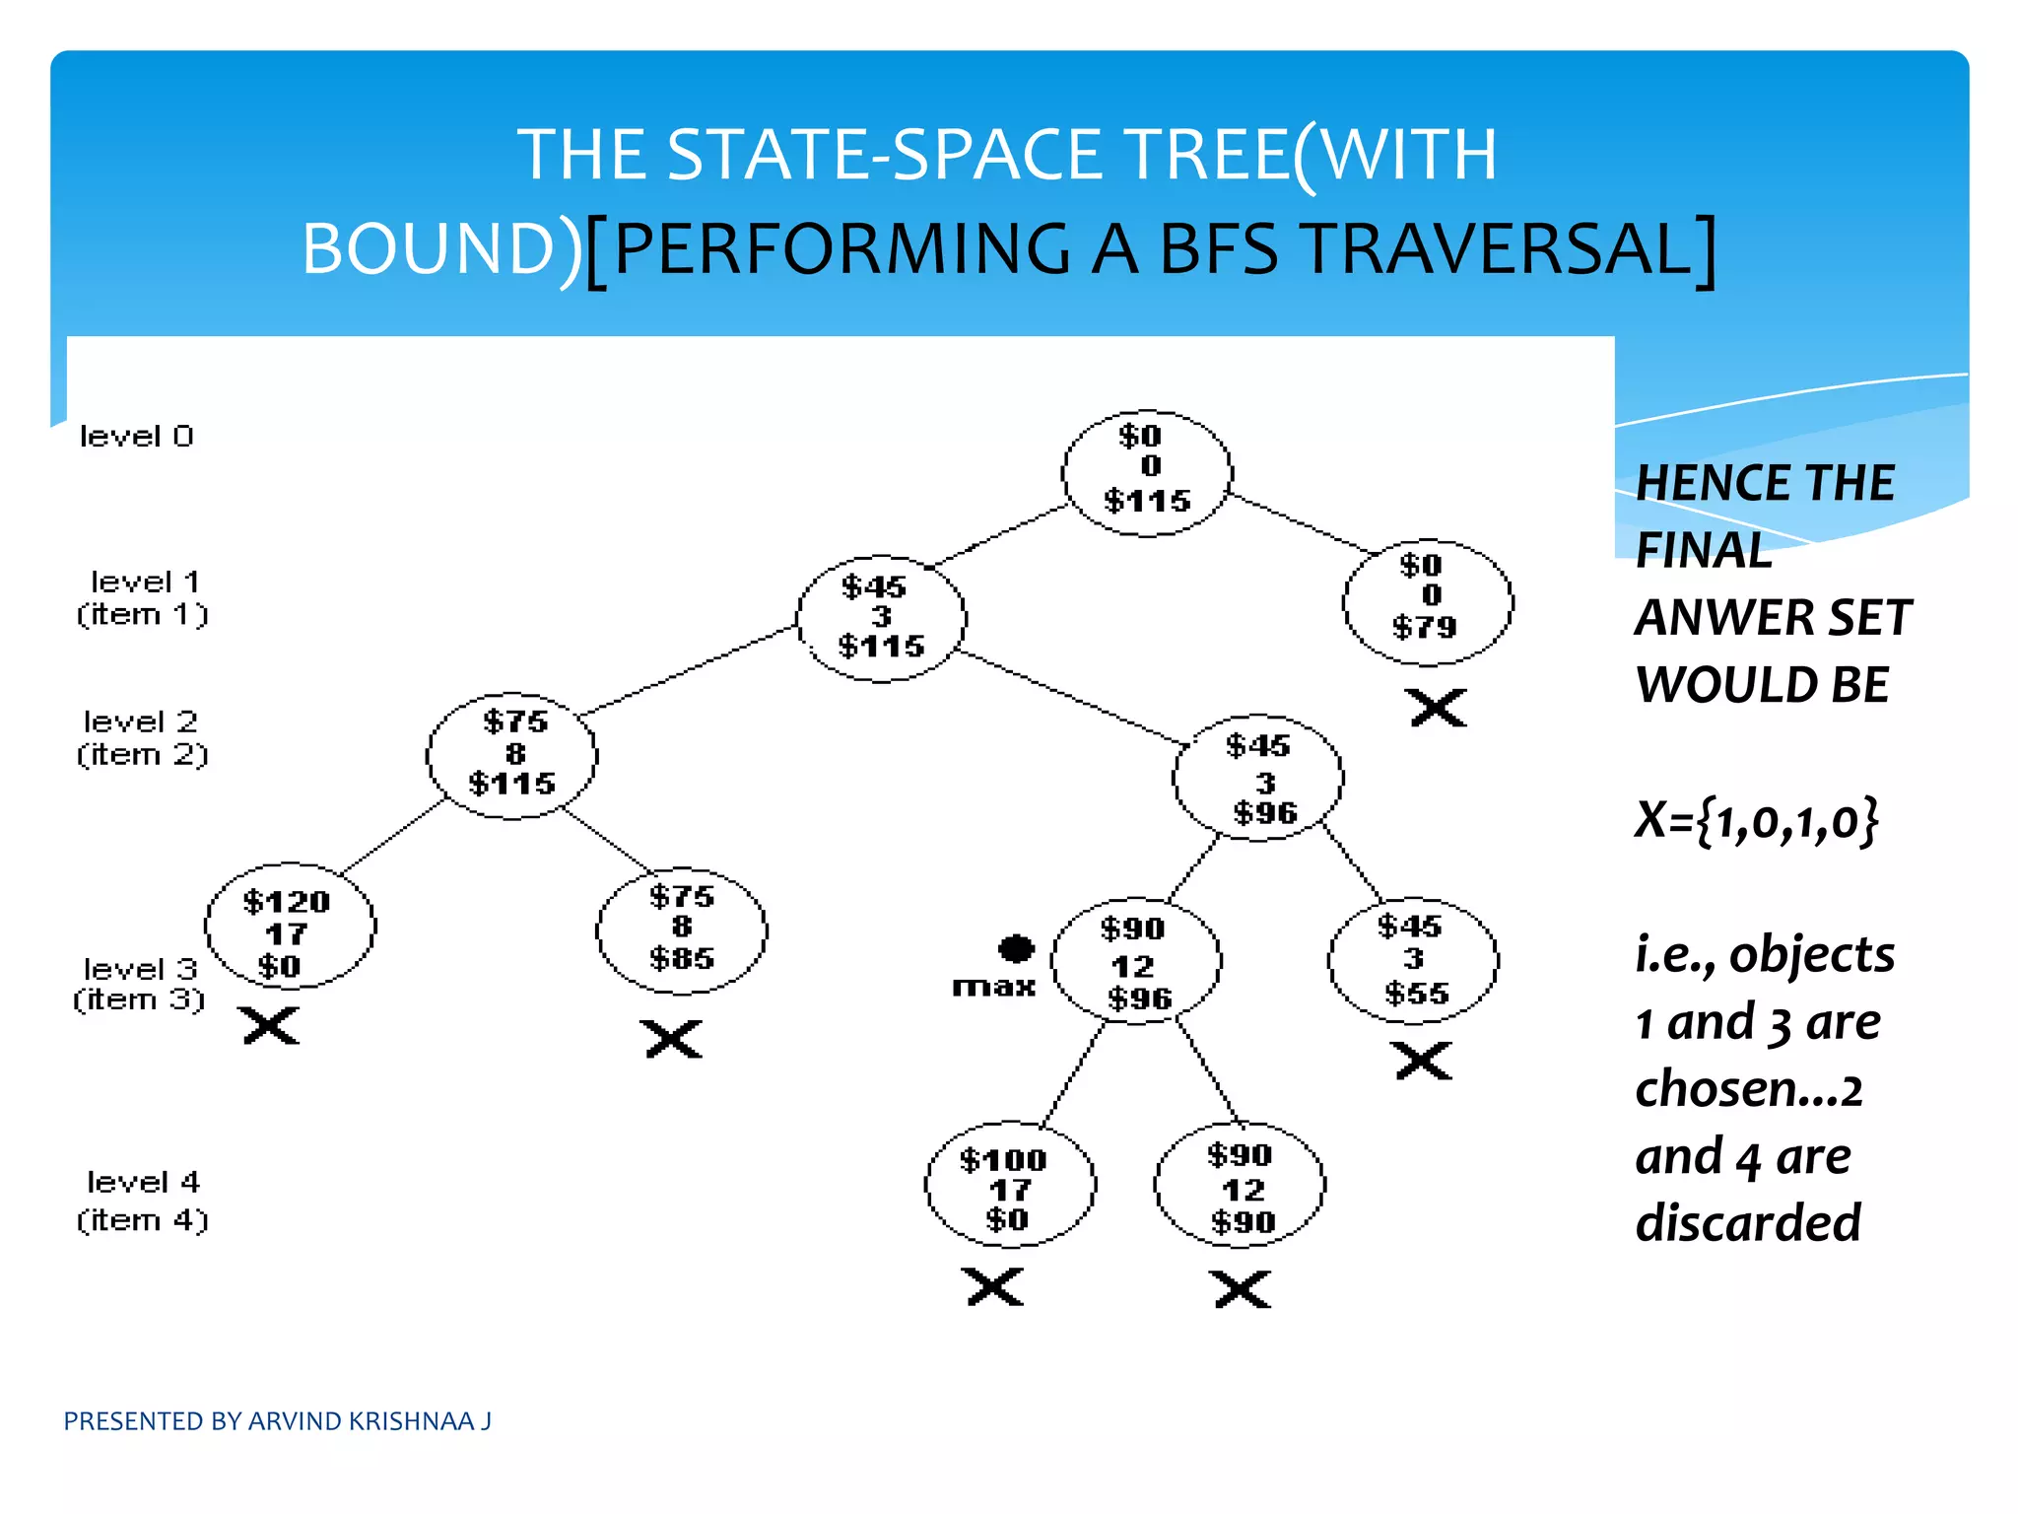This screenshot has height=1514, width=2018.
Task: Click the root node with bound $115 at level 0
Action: [x=1146, y=473]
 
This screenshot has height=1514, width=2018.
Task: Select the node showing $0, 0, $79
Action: [x=1428, y=601]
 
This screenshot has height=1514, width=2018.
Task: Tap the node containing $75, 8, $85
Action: [x=682, y=930]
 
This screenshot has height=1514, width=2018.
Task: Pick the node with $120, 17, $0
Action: [x=290, y=929]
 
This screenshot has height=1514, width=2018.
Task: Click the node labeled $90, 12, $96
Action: [x=1136, y=961]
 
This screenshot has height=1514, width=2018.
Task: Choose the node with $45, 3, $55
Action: [x=1413, y=959]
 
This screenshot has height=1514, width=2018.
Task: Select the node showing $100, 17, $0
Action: [x=1010, y=1184]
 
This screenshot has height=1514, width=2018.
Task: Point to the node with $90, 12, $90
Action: [x=1240, y=1186]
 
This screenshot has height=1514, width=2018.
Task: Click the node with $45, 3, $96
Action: [x=1258, y=778]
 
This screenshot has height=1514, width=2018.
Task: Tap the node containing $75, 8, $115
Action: [x=511, y=755]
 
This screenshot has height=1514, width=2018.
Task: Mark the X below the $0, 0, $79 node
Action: [x=1438, y=708]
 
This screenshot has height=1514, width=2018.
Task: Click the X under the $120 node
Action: [x=271, y=1026]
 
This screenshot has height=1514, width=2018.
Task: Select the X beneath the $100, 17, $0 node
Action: [x=995, y=1286]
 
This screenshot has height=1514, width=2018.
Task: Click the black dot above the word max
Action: [x=1016, y=948]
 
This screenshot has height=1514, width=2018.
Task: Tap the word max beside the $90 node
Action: [x=993, y=987]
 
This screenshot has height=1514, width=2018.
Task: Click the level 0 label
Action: [x=136, y=437]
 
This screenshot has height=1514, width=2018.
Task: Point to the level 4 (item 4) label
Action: [x=143, y=1201]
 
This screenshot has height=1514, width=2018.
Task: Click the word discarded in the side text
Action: [x=1748, y=1223]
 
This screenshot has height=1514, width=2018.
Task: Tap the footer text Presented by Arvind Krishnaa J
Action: [x=277, y=1421]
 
